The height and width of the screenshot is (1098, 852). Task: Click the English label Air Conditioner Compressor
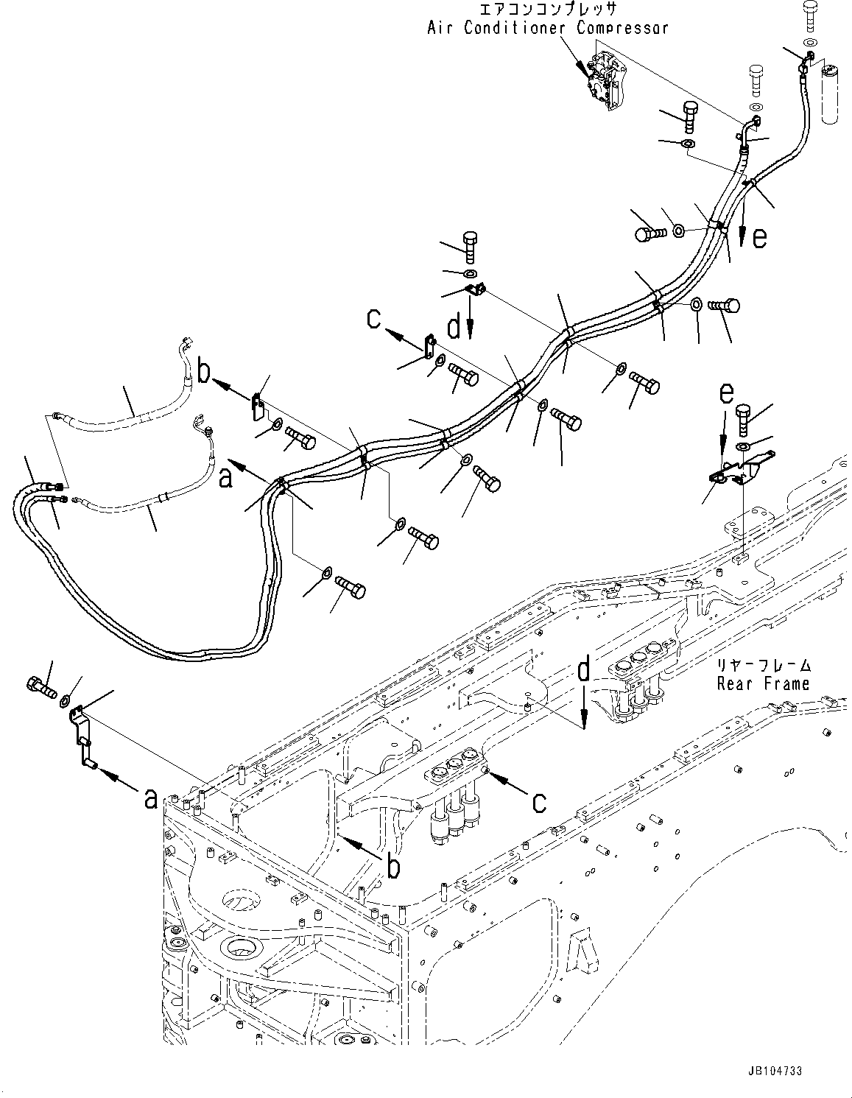[x=547, y=28]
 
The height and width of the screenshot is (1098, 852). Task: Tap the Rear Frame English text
[x=763, y=683]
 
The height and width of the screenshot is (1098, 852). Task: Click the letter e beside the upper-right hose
[x=759, y=236]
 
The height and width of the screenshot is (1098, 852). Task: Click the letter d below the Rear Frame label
[x=583, y=671]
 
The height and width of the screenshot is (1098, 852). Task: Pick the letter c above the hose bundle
[x=375, y=319]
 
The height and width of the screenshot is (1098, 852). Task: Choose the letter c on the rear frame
[x=539, y=801]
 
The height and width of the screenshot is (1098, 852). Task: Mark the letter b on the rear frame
[x=394, y=867]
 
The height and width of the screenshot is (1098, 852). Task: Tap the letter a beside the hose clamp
[x=226, y=478]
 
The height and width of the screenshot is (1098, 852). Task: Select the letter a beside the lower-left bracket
[x=151, y=796]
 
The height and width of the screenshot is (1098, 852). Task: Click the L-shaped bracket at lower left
[x=82, y=737]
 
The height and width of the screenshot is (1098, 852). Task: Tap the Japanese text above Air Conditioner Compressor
[x=548, y=10]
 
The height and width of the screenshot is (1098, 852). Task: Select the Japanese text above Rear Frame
[x=764, y=665]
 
